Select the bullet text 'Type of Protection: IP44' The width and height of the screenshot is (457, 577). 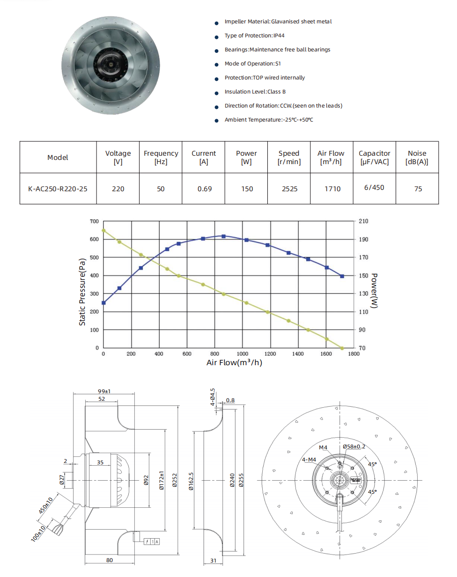(x=254, y=36)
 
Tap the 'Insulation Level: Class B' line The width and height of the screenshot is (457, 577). (x=255, y=92)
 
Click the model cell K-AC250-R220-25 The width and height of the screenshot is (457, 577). (x=58, y=189)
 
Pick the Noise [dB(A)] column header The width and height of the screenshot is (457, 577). (x=417, y=158)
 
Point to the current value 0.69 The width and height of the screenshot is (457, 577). (x=204, y=189)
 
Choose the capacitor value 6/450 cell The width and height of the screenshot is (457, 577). (x=374, y=188)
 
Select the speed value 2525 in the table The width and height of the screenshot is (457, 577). (x=289, y=189)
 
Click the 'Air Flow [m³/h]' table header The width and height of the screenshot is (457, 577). (x=331, y=158)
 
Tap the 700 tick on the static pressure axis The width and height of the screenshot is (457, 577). (x=95, y=221)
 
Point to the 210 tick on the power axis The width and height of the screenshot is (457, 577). (x=363, y=221)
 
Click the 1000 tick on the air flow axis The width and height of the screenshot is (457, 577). (x=243, y=354)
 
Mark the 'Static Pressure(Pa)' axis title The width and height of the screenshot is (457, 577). (x=82, y=292)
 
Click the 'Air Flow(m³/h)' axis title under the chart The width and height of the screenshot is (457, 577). (x=234, y=363)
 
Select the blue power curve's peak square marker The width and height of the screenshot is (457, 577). (x=223, y=236)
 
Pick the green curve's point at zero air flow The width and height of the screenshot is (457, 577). (x=103, y=231)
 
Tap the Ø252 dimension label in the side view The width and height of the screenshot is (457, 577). (x=175, y=481)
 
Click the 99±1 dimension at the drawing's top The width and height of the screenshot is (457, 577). (x=104, y=391)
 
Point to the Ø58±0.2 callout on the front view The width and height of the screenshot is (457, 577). (x=354, y=447)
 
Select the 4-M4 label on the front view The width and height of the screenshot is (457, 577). (x=309, y=460)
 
